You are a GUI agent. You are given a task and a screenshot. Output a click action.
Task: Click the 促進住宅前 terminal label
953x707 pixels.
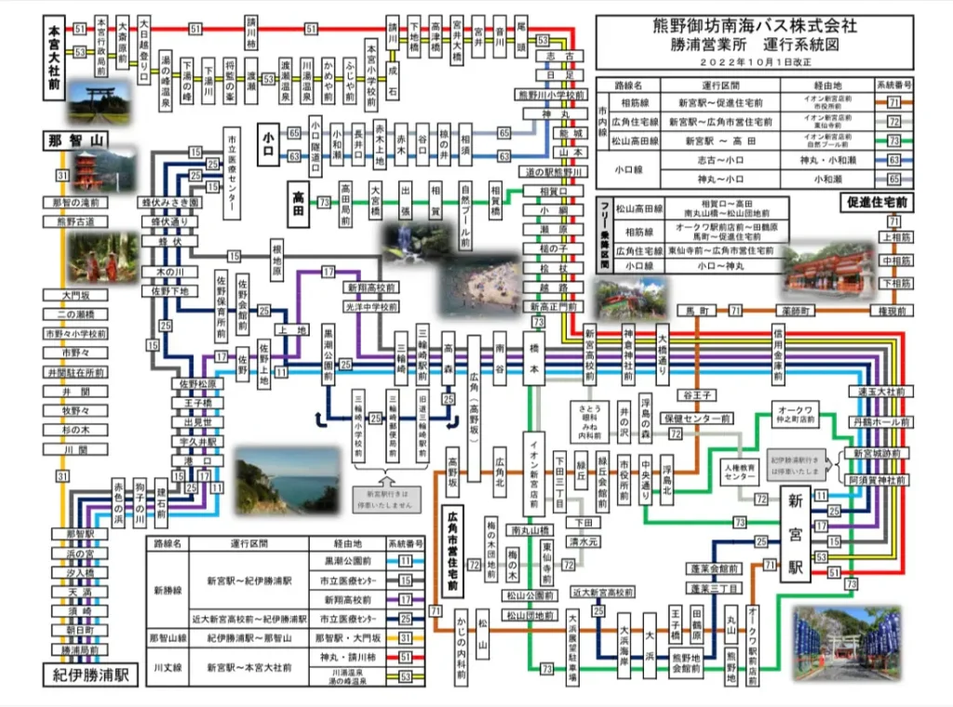click(877, 201)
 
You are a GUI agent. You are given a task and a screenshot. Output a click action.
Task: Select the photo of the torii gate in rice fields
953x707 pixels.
click(99, 103)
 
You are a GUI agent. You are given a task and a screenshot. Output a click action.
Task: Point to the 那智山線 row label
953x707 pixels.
click(168, 638)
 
